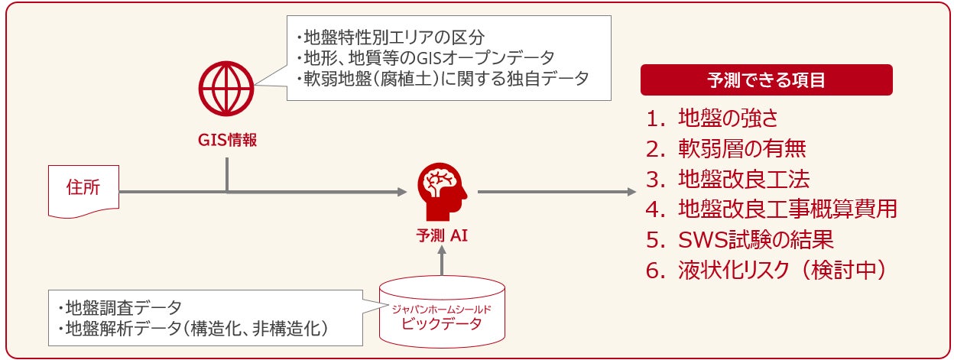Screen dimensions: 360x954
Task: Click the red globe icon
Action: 227,86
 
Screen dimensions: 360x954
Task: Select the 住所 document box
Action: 83,190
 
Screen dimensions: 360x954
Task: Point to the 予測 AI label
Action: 442,235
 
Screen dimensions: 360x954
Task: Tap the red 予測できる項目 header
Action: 766,79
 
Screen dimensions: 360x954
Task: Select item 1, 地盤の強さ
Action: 722,118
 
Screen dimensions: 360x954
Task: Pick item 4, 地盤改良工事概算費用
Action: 771,209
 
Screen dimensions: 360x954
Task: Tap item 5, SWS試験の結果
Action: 738,240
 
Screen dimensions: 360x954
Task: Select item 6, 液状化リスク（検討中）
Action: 765,271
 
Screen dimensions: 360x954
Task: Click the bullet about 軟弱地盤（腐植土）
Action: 442,78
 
